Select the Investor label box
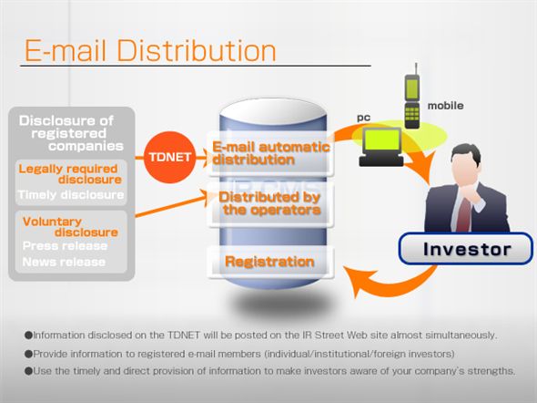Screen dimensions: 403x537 click(468, 249)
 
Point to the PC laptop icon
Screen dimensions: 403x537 click(380, 146)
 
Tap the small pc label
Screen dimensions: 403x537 click(363, 118)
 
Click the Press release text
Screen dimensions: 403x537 click(64, 245)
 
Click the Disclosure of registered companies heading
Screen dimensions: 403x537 click(71, 133)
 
